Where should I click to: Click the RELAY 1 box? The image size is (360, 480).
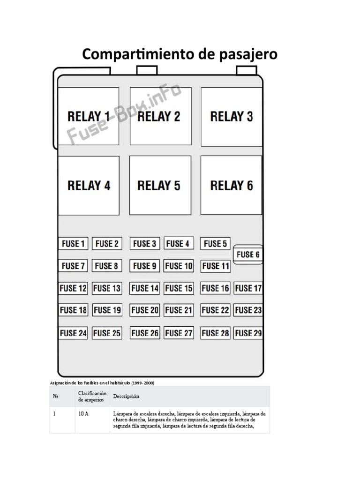pyautogui.click(x=88, y=116)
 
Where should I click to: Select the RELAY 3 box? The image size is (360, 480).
pyautogui.click(x=231, y=116)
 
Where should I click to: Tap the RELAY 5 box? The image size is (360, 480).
pyautogui.click(x=160, y=186)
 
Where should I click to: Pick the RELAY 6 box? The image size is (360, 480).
pyautogui.click(x=231, y=186)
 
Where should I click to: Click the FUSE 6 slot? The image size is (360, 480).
pyautogui.click(x=248, y=255)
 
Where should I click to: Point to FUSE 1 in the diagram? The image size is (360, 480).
pyautogui.click(x=74, y=244)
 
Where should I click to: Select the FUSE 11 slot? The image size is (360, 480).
pyautogui.click(x=216, y=266)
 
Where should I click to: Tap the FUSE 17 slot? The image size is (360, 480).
pyautogui.click(x=248, y=288)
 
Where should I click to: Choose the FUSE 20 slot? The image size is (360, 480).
pyautogui.click(x=145, y=310)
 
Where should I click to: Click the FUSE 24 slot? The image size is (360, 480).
pyautogui.click(x=74, y=333)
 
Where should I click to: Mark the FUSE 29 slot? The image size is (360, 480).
pyautogui.click(x=248, y=333)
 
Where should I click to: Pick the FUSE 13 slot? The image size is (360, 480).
pyautogui.click(x=107, y=288)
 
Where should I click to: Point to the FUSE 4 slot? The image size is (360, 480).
pyautogui.click(x=179, y=244)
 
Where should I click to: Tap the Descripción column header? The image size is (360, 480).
pyautogui.click(x=127, y=397)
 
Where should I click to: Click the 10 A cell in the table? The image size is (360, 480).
pyautogui.click(x=83, y=414)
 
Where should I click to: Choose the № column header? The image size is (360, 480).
pyautogui.click(x=56, y=397)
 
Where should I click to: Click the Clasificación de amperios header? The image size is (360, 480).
pyautogui.click(x=92, y=397)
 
